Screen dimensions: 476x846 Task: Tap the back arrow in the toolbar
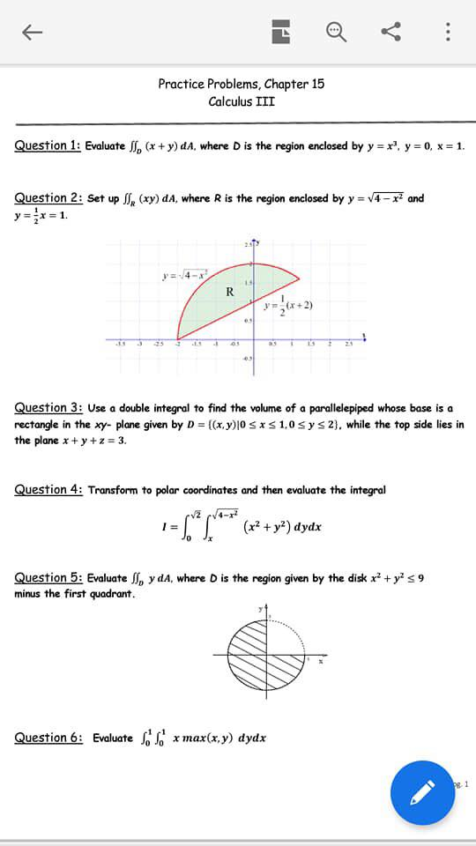[x=32, y=32]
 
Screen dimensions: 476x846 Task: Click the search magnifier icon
[x=337, y=32]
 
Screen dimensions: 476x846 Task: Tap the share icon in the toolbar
[x=391, y=32]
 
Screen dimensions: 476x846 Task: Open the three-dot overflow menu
[x=448, y=32]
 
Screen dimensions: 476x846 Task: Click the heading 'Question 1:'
[x=48, y=145]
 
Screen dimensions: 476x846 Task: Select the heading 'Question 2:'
[x=48, y=198]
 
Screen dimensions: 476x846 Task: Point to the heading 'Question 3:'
[x=48, y=408]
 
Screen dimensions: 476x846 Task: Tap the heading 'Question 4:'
[x=48, y=490]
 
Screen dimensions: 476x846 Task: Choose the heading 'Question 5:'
[x=48, y=578]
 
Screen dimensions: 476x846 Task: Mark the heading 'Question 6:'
[x=48, y=738]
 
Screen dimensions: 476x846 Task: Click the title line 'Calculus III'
[x=241, y=101]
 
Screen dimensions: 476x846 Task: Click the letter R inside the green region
[x=229, y=292]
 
